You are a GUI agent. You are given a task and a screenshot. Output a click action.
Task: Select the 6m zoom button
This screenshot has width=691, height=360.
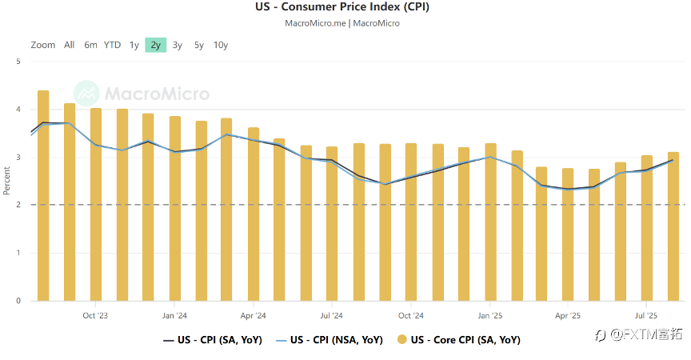[90, 45]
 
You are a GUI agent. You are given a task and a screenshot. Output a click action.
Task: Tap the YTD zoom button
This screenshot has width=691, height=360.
[112, 45]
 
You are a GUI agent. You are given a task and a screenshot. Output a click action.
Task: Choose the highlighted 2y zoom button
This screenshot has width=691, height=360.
[155, 45]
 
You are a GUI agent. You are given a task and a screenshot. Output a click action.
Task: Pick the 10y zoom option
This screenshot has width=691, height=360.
[221, 45]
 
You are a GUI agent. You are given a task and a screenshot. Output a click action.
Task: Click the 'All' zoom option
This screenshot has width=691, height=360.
[70, 45]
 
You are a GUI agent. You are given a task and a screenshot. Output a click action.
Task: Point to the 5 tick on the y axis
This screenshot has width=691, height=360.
[18, 61]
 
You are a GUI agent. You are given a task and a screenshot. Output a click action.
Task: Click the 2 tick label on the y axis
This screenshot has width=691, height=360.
[18, 205]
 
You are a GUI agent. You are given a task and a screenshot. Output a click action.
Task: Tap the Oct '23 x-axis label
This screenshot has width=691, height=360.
[95, 315]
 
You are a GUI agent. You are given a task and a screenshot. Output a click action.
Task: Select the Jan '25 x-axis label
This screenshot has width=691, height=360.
[489, 315]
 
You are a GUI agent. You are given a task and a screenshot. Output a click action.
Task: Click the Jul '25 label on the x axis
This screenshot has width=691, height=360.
[646, 315]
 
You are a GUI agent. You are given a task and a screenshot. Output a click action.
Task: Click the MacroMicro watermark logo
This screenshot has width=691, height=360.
[142, 94]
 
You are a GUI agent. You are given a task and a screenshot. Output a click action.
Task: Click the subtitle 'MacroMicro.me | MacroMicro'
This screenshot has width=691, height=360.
[342, 23]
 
